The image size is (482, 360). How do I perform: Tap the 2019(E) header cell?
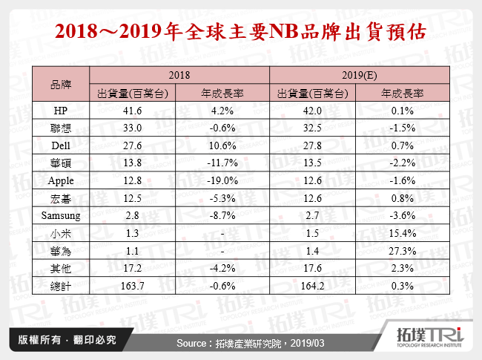point(357,76)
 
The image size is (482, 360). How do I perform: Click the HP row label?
point(61,111)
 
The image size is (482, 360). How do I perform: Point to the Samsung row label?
point(61,216)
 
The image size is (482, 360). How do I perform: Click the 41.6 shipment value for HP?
point(134,111)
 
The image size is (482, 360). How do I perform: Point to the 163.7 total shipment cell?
point(134,287)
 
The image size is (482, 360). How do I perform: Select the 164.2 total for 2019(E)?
point(313,287)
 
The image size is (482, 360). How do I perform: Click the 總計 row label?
point(61,287)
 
